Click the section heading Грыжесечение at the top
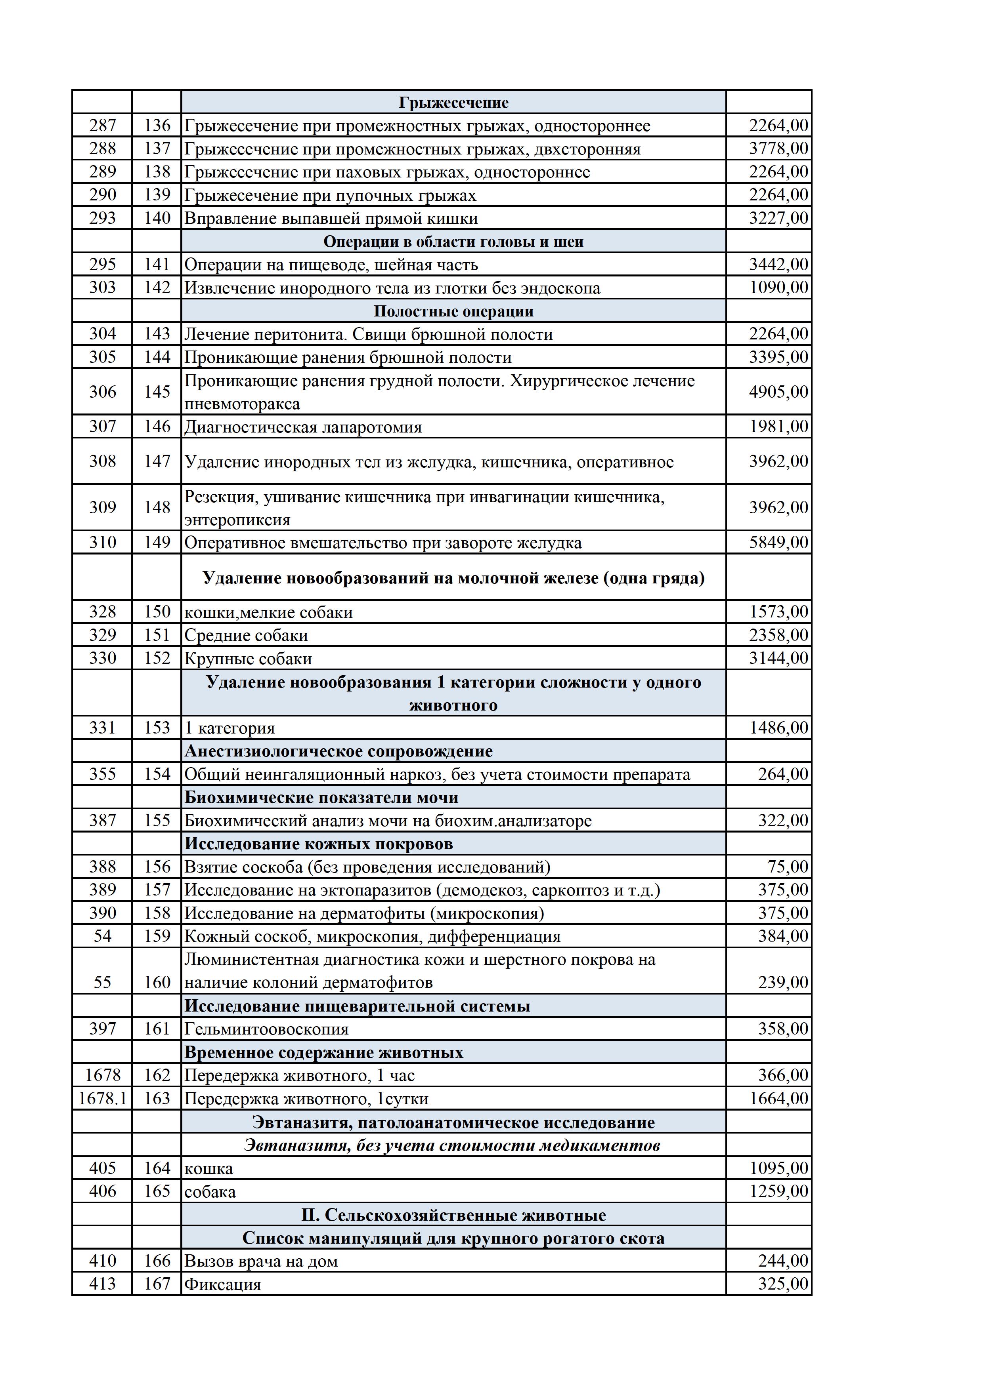[453, 102]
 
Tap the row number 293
[102, 218]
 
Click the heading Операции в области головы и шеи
[453, 241]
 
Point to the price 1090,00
[778, 288]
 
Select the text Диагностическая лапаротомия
[303, 427]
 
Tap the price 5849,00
[778, 542]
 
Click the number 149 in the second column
[157, 542]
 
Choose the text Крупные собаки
[248, 658]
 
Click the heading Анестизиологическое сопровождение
[339, 751]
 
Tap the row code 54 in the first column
[102, 936]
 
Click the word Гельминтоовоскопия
[266, 1029]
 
